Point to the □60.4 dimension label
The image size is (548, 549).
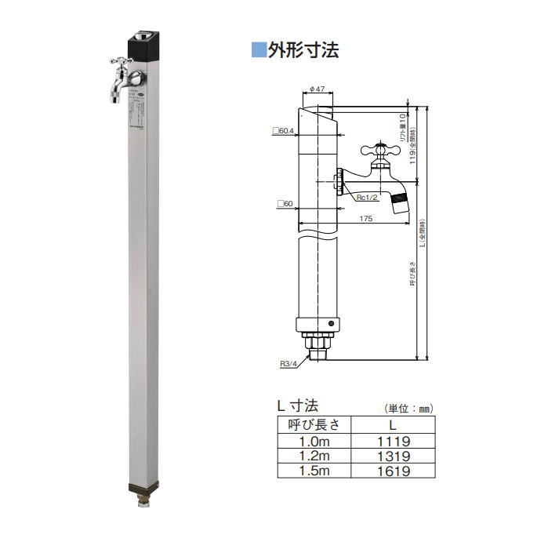(281, 131)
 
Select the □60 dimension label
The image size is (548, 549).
(285, 204)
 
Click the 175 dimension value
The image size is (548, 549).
(365, 220)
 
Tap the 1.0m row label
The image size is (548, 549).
(314, 441)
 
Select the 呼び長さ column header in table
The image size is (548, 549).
(314, 425)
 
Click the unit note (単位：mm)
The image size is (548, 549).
(408, 409)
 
